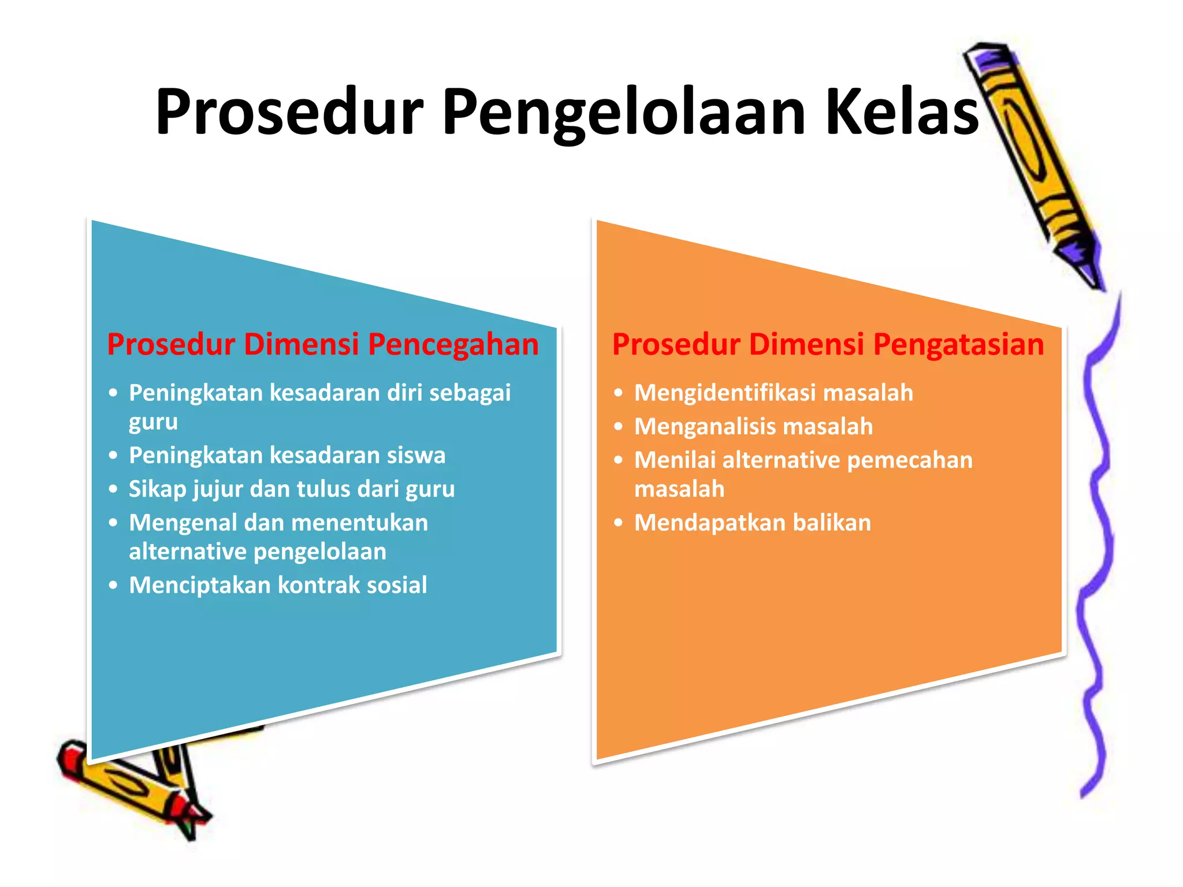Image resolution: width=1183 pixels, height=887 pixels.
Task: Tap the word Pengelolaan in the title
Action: click(624, 113)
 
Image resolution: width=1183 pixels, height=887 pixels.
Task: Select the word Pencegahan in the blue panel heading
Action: click(453, 345)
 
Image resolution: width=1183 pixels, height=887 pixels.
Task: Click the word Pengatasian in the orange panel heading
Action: click(958, 345)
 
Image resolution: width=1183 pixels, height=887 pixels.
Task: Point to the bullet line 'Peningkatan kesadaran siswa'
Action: click(287, 455)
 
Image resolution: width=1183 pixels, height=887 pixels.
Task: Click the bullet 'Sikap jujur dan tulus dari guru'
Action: click(292, 489)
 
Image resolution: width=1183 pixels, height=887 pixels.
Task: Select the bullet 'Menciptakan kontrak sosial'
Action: click(278, 585)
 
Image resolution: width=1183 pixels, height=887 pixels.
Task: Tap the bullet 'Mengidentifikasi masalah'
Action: click(773, 393)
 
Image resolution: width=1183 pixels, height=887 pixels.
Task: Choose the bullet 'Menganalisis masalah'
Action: click(753, 427)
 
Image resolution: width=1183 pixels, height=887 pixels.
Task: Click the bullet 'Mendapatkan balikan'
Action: click(752, 523)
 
